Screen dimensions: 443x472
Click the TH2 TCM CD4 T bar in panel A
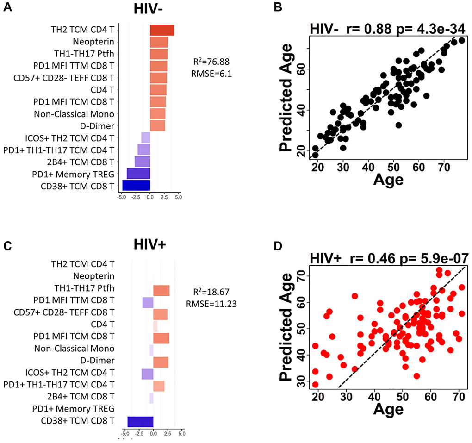tap(161, 30)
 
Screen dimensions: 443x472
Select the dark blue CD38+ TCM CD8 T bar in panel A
tap(136, 185)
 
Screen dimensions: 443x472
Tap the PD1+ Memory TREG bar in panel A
tap(138, 173)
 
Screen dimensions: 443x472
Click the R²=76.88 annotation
tap(211, 61)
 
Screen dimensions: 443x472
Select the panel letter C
tap(8, 246)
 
